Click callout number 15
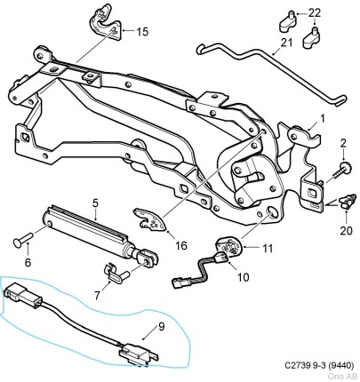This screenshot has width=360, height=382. click(142, 32)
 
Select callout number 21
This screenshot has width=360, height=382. click(286, 43)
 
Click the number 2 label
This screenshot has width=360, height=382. click(342, 143)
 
